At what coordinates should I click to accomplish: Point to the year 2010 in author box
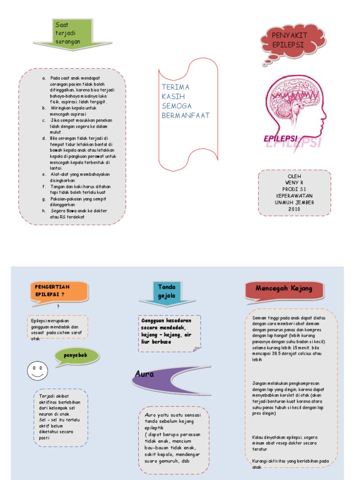coord(294,209)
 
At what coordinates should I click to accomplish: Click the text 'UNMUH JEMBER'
coord(294,202)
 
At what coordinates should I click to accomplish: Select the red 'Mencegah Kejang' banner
coord(284,289)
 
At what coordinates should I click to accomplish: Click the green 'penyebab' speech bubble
coord(77,357)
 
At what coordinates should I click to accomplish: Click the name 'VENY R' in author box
coord(294,182)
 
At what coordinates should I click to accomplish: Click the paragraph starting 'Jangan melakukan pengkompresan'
coord(288,398)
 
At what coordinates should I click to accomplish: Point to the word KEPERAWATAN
coord(294,195)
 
